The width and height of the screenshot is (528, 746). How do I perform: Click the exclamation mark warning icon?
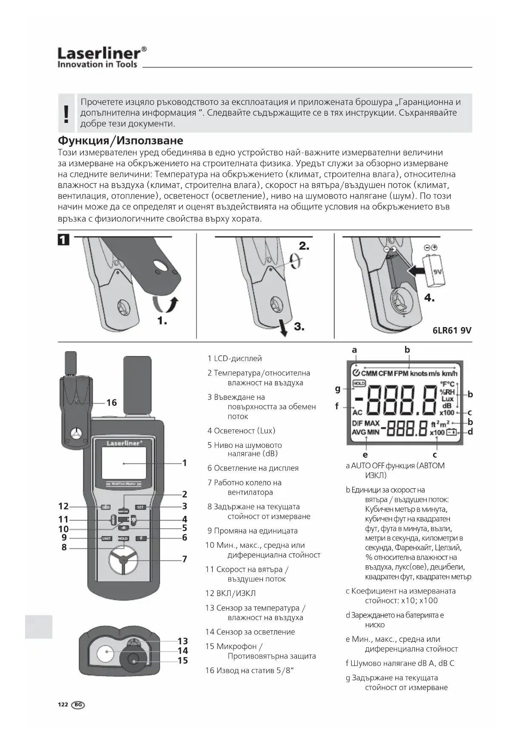pyautogui.click(x=66, y=114)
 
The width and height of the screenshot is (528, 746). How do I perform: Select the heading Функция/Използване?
pyautogui.click(x=120, y=141)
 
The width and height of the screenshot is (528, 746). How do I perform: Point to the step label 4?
pyautogui.click(x=429, y=298)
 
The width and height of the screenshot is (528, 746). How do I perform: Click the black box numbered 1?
pyautogui.click(x=63, y=240)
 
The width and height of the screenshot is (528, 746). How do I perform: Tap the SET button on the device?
pyautogui.click(x=140, y=507)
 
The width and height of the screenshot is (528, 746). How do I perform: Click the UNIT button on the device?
pyautogui.click(x=106, y=538)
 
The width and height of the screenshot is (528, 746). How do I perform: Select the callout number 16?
pyautogui.click(x=111, y=402)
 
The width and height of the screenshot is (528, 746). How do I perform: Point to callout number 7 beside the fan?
pyautogui.click(x=185, y=559)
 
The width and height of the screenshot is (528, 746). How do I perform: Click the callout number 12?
pyautogui.click(x=63, y=506)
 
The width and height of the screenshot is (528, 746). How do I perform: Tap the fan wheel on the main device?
pyautogui.click(x=123, y=560)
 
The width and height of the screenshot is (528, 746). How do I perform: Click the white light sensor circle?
pyautogui.click(x=105, y=654)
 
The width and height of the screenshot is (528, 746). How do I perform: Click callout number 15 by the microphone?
pyautogui.click(x=183, y=661)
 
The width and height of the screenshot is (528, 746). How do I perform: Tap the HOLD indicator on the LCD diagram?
pyautogui.click(x=359, y=383)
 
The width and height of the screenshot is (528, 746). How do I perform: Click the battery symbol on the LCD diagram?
pyautogui.click(x=451, y=433)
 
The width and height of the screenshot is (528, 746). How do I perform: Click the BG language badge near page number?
pyautogui.click(x=78, y=705)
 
